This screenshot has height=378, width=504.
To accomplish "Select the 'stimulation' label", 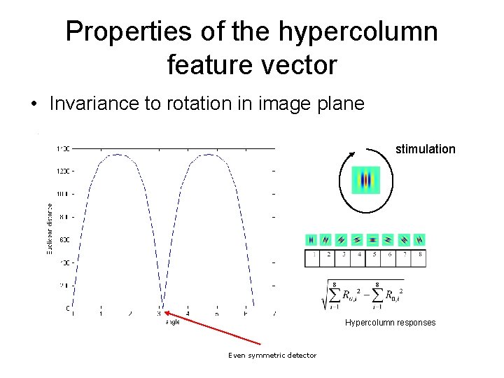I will click(x=425, y=149).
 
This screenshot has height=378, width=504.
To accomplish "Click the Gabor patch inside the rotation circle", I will click(x=365, y=181).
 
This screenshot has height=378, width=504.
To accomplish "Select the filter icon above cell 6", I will click(x=388, y=239).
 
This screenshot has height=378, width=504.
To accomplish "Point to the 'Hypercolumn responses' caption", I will click(x=390, y=323).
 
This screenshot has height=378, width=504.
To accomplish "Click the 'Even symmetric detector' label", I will click(x=272, y=356).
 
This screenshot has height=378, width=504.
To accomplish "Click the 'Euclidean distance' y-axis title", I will click(x=49, y=228).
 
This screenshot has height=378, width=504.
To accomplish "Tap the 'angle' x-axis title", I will click(x=172, y=322).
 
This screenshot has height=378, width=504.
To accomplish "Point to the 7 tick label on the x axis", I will click(x=274, y=314).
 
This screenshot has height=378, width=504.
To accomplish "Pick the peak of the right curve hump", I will click(x=208, y=155).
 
